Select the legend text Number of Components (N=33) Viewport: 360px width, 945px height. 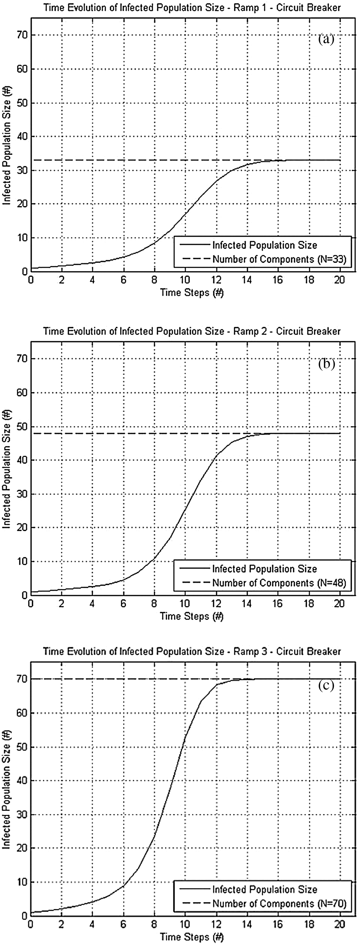(x=279, y=259)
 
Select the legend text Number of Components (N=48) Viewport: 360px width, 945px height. (x=279, y=583)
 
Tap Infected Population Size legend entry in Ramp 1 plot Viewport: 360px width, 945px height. (x=265, y=245)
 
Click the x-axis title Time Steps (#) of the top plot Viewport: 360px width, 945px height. (x=192, y=292)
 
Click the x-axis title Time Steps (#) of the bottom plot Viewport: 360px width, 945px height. (x=192, y=937)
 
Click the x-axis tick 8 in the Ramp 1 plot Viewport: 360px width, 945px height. (x=154, y=280)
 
